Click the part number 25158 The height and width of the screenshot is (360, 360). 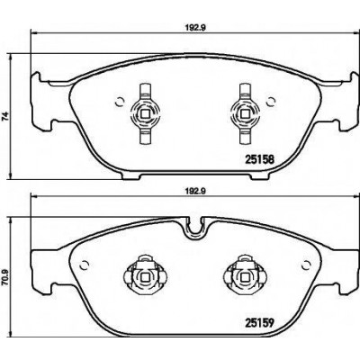tap(260, 159)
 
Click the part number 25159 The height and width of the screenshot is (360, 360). tap(260, 323)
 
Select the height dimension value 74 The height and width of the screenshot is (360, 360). tap(5, 116)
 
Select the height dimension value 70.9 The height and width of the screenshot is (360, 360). tap(5, 280)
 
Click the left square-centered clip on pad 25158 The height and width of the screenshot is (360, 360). tap(145, 113)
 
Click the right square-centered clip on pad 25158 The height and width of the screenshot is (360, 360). tap(246, 113)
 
